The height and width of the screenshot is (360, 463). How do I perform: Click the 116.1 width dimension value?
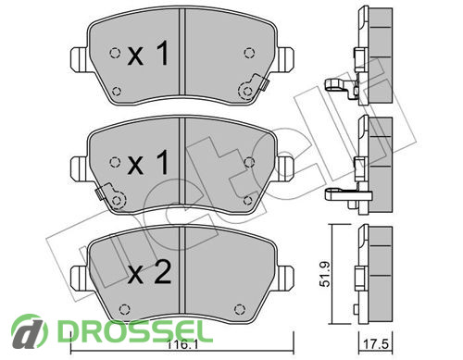point(181,344)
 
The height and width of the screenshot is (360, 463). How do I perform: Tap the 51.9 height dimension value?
point(325,274)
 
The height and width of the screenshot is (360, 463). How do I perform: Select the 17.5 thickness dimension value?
point(376,344)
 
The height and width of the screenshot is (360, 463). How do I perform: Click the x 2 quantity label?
point(149,272)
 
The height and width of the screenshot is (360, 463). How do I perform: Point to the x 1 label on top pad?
point(148,54)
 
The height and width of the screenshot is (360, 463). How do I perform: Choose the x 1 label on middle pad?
point(148,163)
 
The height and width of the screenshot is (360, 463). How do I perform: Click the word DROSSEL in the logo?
point(135,330)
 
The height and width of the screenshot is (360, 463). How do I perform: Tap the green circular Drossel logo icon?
point(30,331)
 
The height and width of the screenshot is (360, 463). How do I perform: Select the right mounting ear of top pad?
point(284,60)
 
